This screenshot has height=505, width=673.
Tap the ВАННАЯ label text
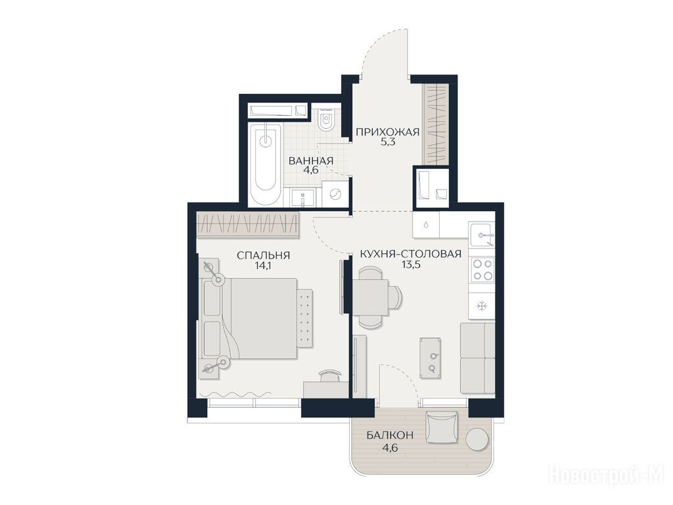(311, 161)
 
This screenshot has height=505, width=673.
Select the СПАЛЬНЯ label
(264, 256)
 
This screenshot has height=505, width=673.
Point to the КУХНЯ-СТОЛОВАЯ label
(411, 254)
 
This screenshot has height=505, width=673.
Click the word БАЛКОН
(390, 435)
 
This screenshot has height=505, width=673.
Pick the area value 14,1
(263, 266)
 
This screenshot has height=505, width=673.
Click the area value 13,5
(411, 264)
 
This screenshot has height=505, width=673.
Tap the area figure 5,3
(388, 142)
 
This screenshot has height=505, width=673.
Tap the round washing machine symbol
(334, 195)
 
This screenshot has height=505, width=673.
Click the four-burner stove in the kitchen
(482, 270)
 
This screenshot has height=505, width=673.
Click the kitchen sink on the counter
(482, 235)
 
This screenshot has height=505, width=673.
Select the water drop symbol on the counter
(426, 225)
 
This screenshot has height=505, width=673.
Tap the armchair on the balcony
(442, 426)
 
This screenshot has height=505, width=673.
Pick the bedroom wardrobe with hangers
(248, 224)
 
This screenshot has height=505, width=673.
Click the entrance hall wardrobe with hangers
(436, 124)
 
